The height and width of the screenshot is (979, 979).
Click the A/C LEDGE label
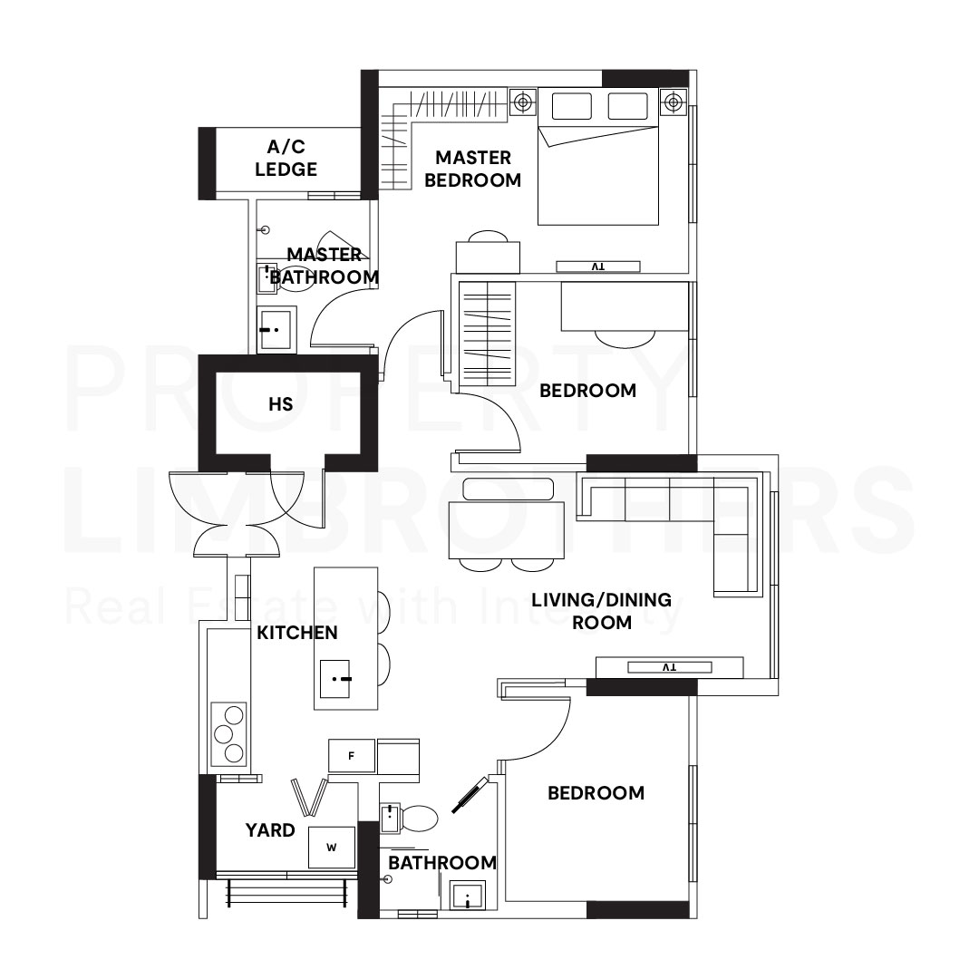[286, 159]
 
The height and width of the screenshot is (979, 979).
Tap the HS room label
[281, 404]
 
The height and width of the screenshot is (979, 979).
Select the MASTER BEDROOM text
[472, 170]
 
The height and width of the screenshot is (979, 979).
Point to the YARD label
[270, 829]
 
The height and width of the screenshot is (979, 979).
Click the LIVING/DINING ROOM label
[601, 611]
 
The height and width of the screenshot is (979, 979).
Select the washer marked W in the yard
[331, 848]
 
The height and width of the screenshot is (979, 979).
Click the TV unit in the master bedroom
[597, 267]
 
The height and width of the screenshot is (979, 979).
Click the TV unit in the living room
[669, 667]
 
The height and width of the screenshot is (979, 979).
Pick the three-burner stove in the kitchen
[228, 732]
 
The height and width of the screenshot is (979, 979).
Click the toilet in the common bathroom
[418, 819]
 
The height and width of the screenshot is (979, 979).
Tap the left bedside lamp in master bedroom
[522, 102]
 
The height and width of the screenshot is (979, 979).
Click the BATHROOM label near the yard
[442, 863]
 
